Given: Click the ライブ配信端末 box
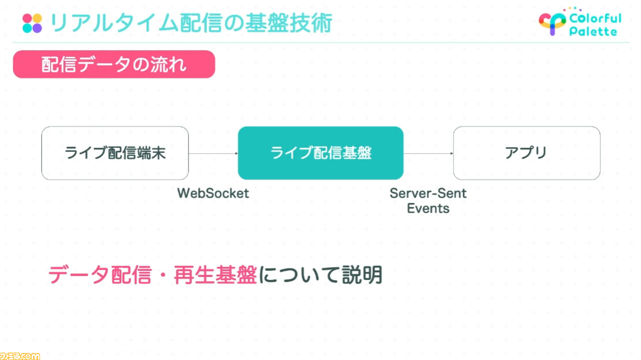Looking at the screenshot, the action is [x=115, y=153].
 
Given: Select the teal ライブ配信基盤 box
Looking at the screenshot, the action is [x=321, y=153].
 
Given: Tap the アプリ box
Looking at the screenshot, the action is [x=527, y=153].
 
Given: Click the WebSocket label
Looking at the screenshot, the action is [x=213, y=193].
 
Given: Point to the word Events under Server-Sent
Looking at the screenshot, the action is [x=428, y=208].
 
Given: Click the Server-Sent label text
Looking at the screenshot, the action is [x=428, y=193].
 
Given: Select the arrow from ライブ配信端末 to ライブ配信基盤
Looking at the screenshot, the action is [x=213, y=153].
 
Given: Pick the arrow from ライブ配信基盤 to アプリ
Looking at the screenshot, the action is [x=428, y=153].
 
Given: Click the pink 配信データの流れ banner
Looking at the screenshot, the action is [x=114, y=64].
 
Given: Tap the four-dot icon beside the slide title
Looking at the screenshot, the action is [x=32, y=23].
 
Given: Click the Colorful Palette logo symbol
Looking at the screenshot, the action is [x=552, y=24].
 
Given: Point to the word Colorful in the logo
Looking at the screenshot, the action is [x=595, y=19].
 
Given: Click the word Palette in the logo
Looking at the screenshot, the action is [x=593, y=31].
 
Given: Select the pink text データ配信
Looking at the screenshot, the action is [x=100, y=275].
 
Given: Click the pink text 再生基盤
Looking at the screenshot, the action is [x=215, y=275].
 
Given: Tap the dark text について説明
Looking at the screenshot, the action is [x=320, y=275].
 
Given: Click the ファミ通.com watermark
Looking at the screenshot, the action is [x=20, y=356].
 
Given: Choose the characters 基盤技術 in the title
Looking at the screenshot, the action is [x=288, y=23].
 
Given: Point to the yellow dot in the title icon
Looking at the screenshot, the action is [x=37, y=18].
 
